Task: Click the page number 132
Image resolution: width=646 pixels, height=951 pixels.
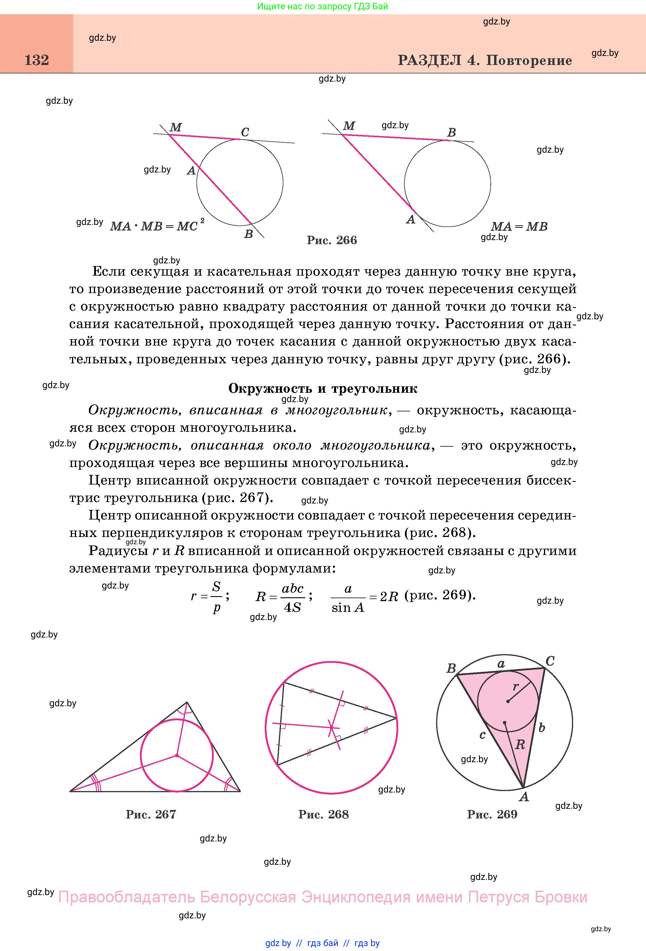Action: [x=37, y=60]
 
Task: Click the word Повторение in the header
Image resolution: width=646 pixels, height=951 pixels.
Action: [x=529, y=61]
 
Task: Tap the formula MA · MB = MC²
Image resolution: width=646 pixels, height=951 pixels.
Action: [x=157, y=226]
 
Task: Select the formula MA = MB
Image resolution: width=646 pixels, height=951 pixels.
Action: [x=519, y=226]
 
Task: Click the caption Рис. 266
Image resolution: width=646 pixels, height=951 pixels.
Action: [x=331, y=240]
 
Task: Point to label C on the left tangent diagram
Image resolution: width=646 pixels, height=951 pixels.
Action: [x=245, y=132]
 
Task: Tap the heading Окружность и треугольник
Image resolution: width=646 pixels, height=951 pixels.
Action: [x=323, y=388]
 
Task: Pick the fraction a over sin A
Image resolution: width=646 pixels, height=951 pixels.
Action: [x=348, y=598]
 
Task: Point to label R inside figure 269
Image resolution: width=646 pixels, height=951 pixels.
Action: [x=520, y=744]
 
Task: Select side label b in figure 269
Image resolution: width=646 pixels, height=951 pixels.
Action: [x=542, y=728]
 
